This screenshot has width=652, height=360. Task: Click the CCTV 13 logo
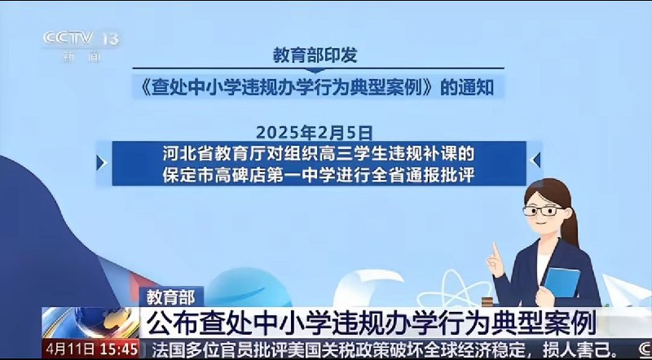(x=81, y=39)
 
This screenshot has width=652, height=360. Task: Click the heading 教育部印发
(x=315, y=55)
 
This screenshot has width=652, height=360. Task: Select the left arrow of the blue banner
(x=102, y=162)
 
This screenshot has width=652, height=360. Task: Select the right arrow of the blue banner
(x=535, y=160)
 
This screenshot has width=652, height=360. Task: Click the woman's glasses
(x=540, y=210)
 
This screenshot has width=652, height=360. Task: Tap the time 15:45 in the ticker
(x=119, y=349)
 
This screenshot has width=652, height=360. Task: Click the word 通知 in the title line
(x=475, y=86)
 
